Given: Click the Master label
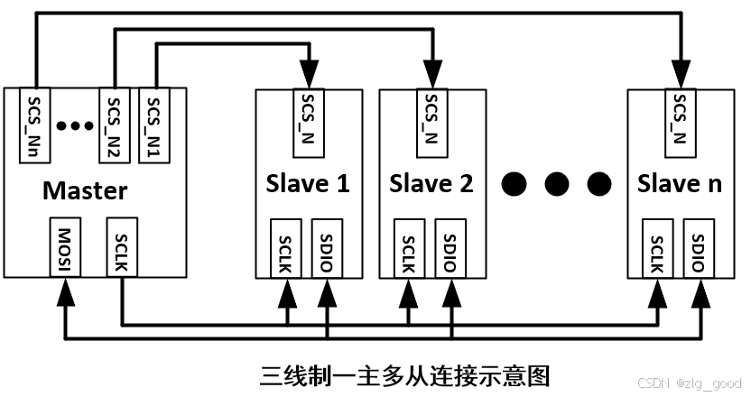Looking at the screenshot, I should click(86, 191).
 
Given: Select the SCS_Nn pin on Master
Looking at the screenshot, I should click(34, 125).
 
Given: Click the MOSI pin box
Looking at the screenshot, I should click(64, 246).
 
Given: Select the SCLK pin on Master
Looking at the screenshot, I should click(122, 246).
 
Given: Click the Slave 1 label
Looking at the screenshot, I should click(308, 184).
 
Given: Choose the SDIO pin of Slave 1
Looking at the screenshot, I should click(326, 247).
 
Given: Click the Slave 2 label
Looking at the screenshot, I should click(431, 184).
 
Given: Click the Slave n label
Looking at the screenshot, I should click(680, 184).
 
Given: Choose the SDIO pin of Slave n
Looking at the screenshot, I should click(700, 247).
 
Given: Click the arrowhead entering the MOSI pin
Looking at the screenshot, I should click(64, 289).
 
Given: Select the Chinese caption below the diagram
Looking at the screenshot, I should click(405, 374).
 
